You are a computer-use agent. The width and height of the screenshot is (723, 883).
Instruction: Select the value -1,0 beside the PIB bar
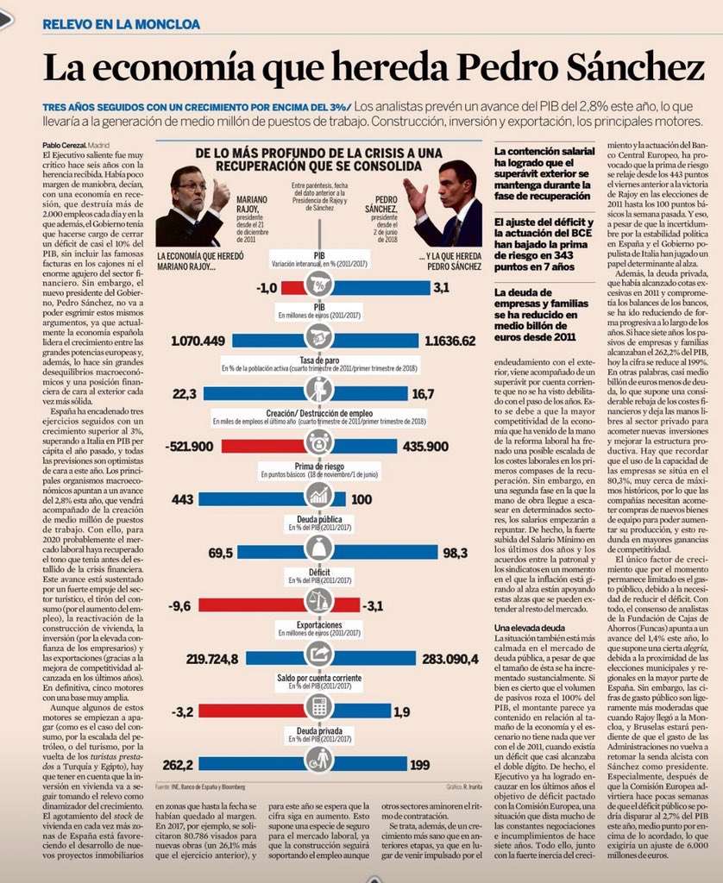267,286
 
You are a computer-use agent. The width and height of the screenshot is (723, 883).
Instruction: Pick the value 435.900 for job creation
425,446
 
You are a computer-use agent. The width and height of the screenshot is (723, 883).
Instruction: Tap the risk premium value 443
183,499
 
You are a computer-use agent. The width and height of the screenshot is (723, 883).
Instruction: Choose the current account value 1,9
402,711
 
